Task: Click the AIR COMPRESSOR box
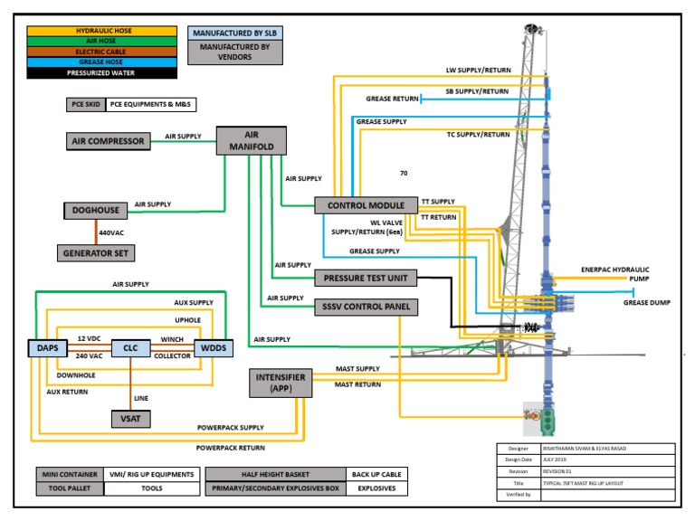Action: coord(108,141)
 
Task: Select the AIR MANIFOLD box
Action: coord(252,140)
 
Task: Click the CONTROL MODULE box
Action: coord(366,206)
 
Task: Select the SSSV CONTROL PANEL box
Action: coord(366,307)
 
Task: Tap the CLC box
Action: coord(129,347)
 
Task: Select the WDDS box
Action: coord(214,347)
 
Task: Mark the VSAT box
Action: coord(129,418)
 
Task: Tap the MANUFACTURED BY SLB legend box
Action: coord(235,33)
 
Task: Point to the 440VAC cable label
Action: coord(112,232)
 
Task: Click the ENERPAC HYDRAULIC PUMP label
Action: coord(614,274)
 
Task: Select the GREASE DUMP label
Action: coord(646,303)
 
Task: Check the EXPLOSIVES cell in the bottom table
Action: coord(376,488)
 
